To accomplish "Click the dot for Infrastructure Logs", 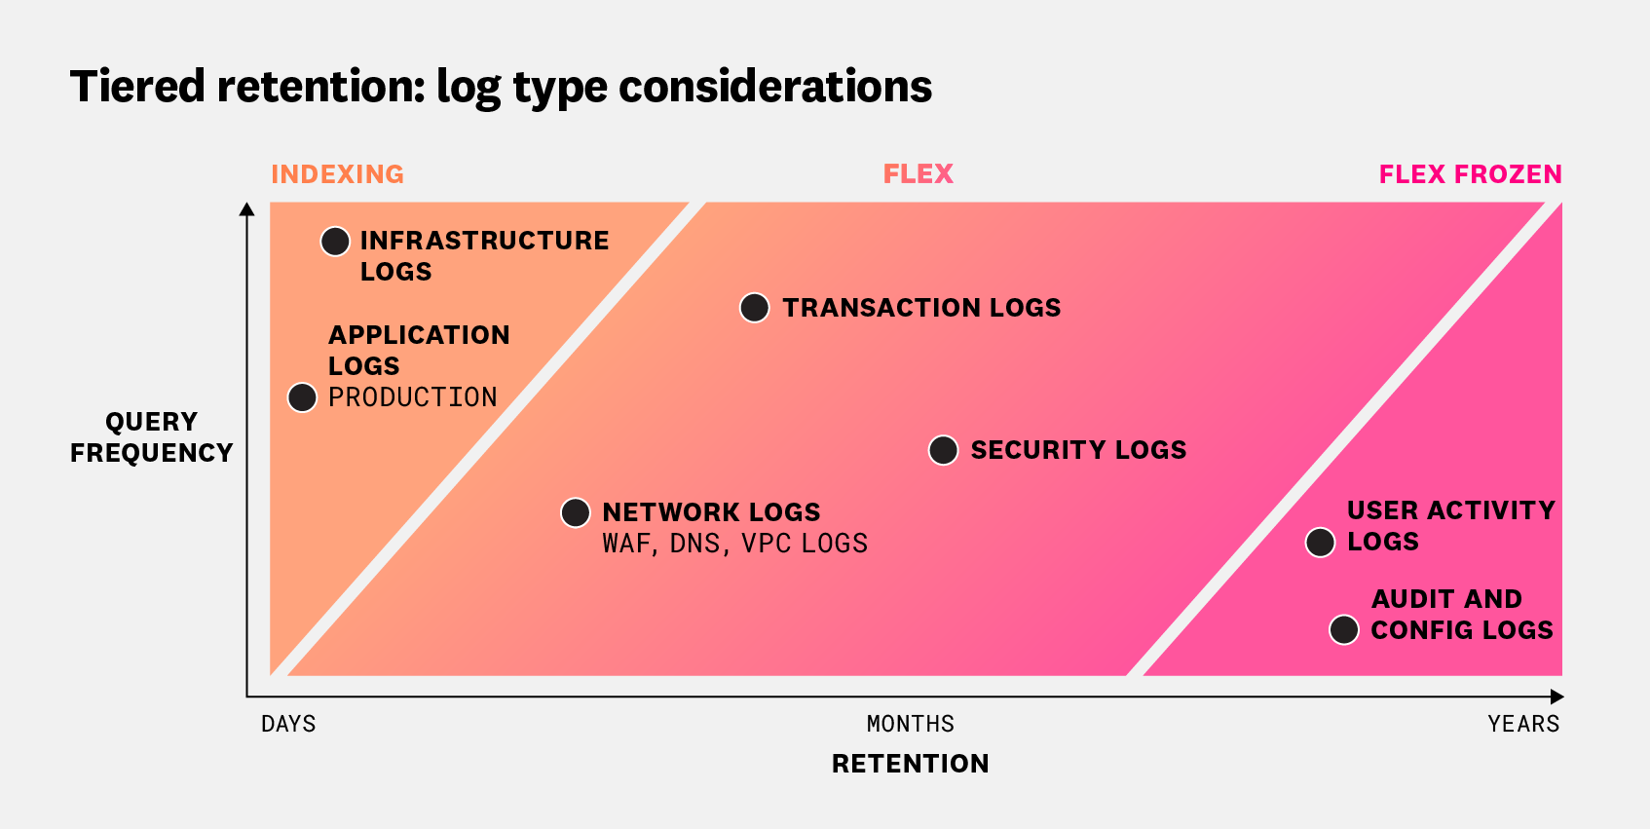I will tap(335, 242).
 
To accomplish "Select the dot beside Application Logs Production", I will tap(302, 397).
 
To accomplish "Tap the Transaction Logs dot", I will tap(755, 308).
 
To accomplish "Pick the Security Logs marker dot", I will tap(943, 450).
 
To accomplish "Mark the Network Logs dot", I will tap(576, 512).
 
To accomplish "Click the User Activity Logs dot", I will tap(1320, 543).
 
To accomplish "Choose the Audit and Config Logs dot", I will tap(1344, 630).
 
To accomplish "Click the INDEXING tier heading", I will tap(337, 174).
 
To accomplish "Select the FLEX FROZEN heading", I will tap(1470, 174).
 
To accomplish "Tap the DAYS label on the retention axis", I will tap(288, 724).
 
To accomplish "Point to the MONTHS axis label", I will tap(910, 724).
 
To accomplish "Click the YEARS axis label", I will tap(1523, 724).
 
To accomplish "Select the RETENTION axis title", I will tap(910, 764).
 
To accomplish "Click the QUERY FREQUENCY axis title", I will tap(151, 437).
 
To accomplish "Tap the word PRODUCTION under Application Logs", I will tap(412, 397).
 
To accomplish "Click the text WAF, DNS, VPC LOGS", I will tap(734, 544).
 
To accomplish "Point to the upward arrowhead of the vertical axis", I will tap(247, 208).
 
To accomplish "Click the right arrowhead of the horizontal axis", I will tap(1556, 697).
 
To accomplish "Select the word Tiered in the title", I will tap(137, 87).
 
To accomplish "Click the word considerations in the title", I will tap(775, 87).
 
